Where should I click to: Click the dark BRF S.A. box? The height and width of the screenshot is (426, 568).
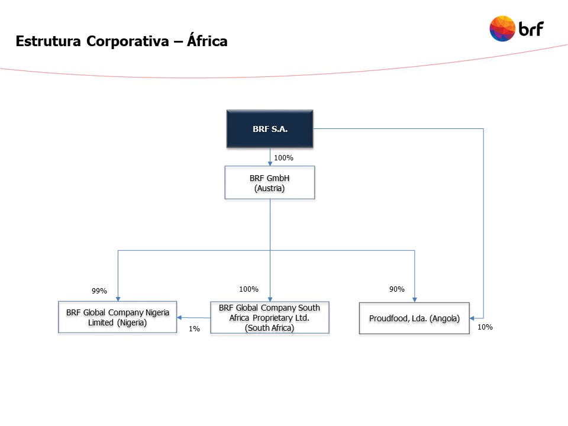coord(270,129)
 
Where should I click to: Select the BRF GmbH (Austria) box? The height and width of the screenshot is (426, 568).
coord(270,183)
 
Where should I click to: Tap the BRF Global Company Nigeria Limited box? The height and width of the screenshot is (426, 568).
coord(118,317)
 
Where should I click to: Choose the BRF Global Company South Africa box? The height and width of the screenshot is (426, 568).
coord(270,317)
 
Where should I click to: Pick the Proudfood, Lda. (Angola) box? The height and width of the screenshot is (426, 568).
coord(414,318)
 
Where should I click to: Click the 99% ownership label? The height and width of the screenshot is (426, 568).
coord(99,291)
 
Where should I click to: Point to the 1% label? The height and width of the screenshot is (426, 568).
coord(194,328)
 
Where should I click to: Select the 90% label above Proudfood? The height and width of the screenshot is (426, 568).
coord(396,289)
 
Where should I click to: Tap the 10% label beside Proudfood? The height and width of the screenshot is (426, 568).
coord(485,327)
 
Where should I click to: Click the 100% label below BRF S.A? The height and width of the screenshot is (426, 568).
coord(283,158)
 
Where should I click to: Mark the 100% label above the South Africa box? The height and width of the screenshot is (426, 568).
coord(248,289)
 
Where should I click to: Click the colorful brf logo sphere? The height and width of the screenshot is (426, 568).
coord(502,28)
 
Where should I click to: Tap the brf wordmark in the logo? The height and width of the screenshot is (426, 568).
coord(531,29)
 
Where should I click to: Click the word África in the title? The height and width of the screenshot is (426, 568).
coord(207,40)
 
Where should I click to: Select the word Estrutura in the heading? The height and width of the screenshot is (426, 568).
coord(48,41)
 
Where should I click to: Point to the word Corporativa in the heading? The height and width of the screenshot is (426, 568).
coord(128,41)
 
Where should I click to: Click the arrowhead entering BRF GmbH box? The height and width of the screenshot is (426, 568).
coord(270,164)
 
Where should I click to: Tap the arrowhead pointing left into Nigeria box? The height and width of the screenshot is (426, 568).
coord(179,318)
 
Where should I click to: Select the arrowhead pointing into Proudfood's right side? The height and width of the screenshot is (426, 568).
coord(472,318)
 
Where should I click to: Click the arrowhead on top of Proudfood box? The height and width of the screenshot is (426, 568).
coord(415,300)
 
